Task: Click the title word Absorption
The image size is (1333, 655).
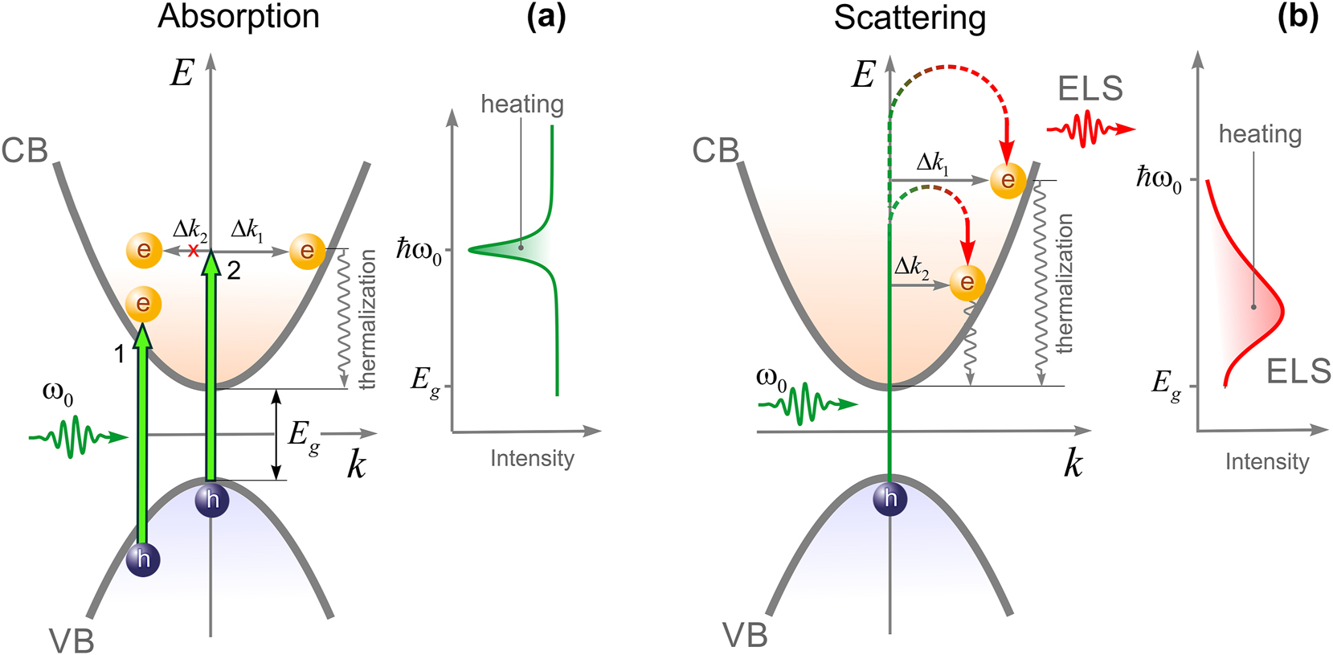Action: pos(239,17)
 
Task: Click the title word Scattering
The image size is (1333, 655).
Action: pos(909,18)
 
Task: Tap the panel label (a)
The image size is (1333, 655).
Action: pos(546,16)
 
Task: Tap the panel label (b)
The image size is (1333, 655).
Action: pos(1298,16)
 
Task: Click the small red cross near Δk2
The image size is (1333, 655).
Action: pos(194,251)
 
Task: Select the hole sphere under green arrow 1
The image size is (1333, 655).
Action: pos(143,559)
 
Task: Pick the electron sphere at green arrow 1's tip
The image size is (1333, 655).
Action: pos(144,304)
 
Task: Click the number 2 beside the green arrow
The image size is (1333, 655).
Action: pos(234,271)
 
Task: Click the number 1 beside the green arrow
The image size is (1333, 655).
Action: pos(120,354)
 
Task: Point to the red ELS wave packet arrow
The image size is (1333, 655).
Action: pos(1090,129)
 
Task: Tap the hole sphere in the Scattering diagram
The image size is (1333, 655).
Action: pos(890,499)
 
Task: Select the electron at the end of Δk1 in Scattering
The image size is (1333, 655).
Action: pos(1008,180)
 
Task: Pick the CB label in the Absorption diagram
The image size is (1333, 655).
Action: pos(25,150)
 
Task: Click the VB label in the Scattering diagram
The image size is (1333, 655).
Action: pos(745,635)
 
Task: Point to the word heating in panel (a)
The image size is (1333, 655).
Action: pos(522,104)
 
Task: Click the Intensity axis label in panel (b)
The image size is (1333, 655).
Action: pos(1266,461)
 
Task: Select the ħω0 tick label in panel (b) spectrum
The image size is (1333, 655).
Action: pos(1158,178)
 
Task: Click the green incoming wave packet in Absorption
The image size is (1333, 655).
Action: pos(77,436)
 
